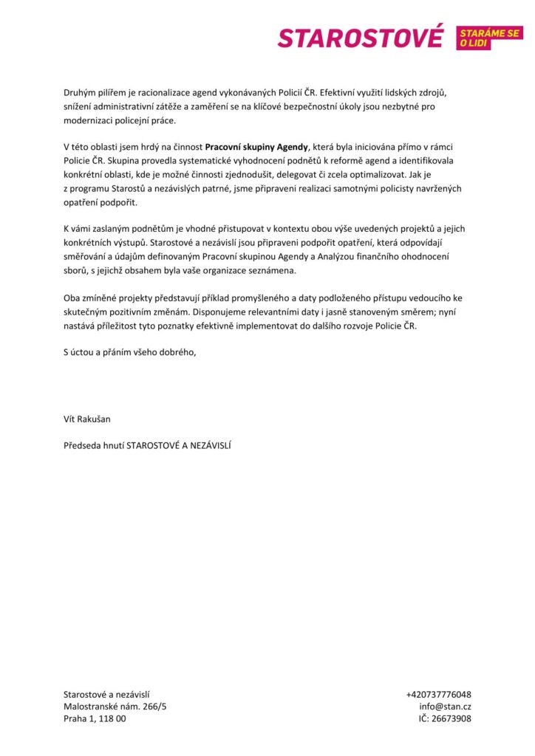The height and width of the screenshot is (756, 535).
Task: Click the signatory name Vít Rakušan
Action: (x=87, y=419)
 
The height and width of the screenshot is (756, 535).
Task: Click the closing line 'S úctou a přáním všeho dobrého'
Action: (x=130, y=351)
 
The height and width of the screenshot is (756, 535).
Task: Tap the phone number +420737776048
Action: (x=438, y=695)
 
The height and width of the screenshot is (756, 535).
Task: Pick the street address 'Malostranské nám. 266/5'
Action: (x=115, y=707)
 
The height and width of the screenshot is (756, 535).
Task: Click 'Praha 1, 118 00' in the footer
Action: (x=95, y=718)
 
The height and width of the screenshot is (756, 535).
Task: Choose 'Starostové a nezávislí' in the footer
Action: (x=106, y=695)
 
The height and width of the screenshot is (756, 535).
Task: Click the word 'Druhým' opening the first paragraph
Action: (x=80, y=93)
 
